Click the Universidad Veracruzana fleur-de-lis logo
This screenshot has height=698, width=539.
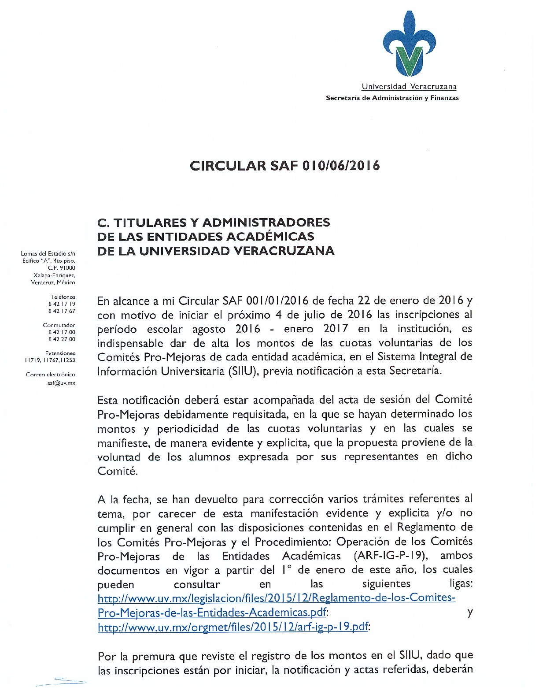pos(409,44)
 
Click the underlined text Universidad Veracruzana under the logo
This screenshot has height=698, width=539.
pos(409,87)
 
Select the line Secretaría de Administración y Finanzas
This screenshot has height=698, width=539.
pos(392,98)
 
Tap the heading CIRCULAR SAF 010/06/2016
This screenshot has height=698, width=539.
pos(285,166)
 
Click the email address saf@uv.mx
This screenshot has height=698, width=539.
pos(61,383)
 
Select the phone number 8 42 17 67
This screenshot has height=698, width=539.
pos(62,311)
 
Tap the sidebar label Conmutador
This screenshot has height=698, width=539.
pos(59,325)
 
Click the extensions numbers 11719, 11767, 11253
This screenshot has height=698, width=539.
pos(50,360)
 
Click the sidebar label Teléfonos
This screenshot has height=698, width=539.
pos(63,297)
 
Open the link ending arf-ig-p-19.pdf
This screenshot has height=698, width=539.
pos(233,627)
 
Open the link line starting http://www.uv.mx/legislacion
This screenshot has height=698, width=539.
pos(276,598)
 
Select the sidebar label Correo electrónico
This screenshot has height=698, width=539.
pos(51,375)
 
